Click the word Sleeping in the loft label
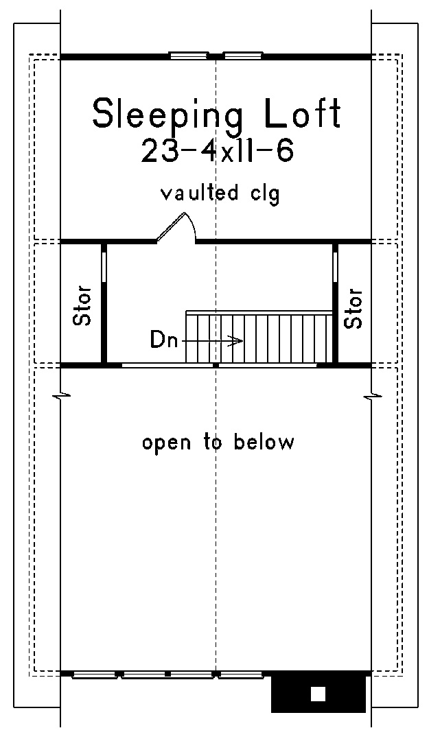168,115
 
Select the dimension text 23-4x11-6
217,151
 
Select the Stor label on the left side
82,305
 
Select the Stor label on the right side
353,308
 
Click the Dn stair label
164,340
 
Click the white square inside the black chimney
318,694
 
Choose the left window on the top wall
189,56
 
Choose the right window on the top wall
243,56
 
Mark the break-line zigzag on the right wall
371,395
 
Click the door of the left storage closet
104,268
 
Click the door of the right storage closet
336,268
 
